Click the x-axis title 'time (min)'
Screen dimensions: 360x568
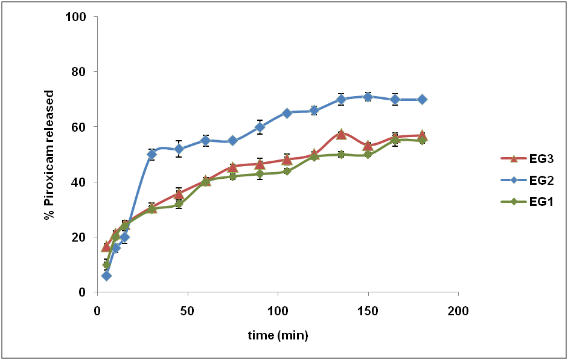coord(278,335)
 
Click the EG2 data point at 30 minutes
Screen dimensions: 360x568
coord(152,154)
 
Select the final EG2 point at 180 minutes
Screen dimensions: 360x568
coord(422,99)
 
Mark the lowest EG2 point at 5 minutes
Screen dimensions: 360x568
coord(106,275)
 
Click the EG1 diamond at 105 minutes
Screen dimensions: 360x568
coord(287,171)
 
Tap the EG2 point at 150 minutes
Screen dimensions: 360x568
coord(368,97)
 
